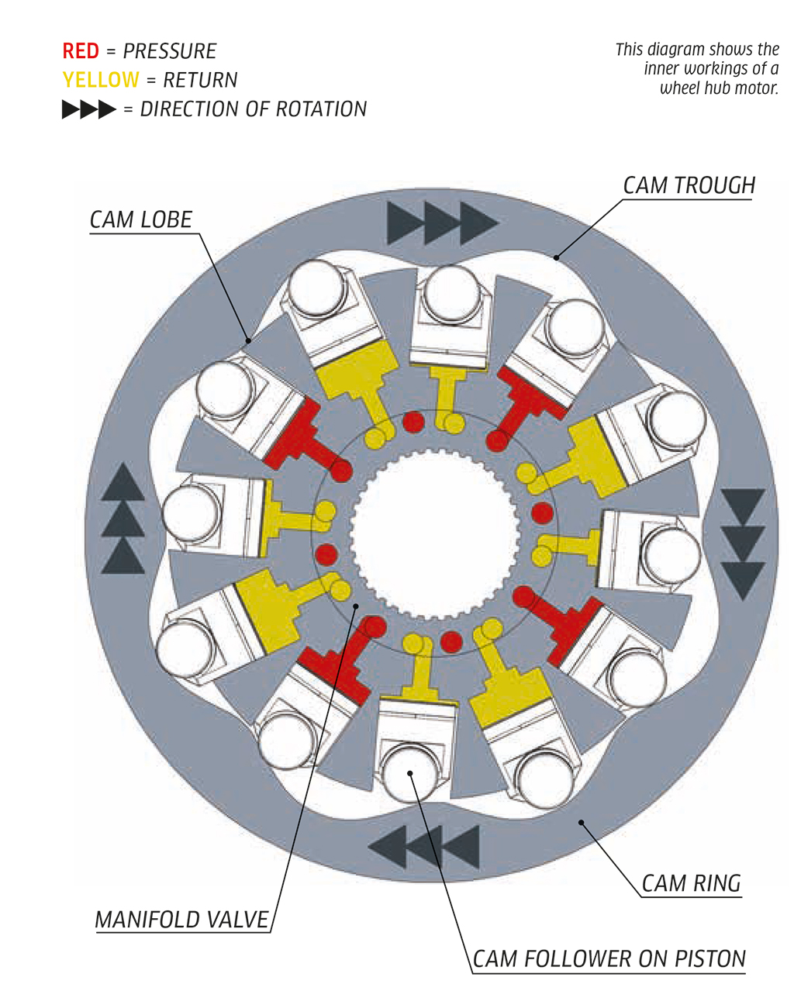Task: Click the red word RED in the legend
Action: pyautogui.click(x=81, y=52)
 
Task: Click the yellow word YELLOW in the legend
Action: pyautogui.click(x=101, y=81)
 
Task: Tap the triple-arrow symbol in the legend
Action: pyautogui.click(x=88, y=110)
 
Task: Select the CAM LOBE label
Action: pyautogui.click(x=140, y=220)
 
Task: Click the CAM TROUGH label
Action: pyautogui.click(x=689, y=186)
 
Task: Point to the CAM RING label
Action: pyautogui.click(x=691, y=883)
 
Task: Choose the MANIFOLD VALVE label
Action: pyautogui.click(x=181, y=920)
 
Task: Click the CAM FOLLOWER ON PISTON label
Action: pyautogui.click(x=609, y=960)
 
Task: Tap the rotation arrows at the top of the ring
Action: pyautogui.click(x=441, y=223)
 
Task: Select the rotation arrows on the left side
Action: pyautogui.click(x=123, y=519)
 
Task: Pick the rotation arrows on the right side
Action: pyautogui.click(x=743, y=544)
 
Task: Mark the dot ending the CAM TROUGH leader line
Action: pyautogui.click(x=556, y=256)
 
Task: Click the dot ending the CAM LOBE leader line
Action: pyautogui.click(x=248, y=340)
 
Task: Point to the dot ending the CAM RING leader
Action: pyautogui.click(x=582, y=821)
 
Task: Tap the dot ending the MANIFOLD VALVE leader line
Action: pyautogui.click(x=356, y=606)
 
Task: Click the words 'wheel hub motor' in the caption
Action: pyautogui.click(x=719, y=88)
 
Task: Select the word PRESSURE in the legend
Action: pyautogui.click(x=170, y=52)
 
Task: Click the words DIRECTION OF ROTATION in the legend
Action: pyautogui.click(x=253, y=110)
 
